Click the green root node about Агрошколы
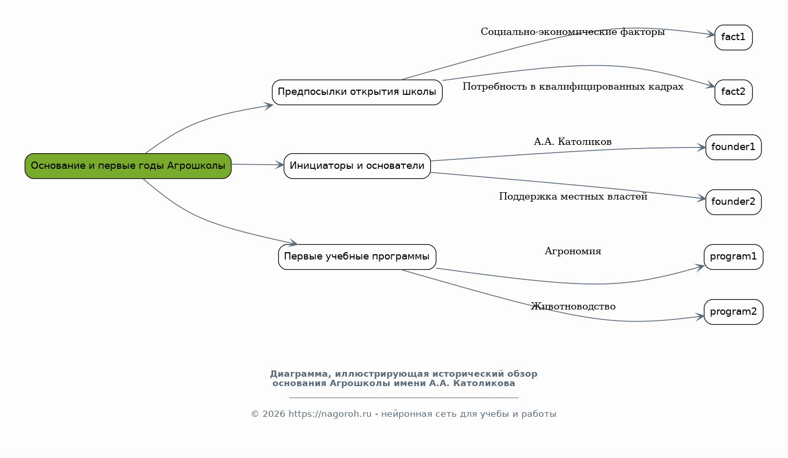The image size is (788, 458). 128,166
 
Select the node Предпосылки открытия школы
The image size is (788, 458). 357,92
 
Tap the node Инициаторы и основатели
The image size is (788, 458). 357,166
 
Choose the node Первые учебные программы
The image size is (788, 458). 357,257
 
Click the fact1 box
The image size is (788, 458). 733,38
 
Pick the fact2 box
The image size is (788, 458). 733,92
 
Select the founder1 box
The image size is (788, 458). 733,147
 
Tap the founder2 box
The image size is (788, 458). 733,202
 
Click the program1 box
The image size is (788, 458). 733,257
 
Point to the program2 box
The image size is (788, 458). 733,312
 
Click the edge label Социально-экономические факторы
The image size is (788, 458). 573,32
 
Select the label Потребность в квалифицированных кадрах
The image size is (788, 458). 573,86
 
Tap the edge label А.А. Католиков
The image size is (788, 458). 573,142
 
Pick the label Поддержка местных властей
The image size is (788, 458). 573,196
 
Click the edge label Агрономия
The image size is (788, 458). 573,251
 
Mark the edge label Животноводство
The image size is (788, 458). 573,306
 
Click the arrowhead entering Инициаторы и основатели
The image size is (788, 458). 280,165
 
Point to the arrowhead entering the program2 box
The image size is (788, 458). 699,317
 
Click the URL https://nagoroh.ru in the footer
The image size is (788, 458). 330,414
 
